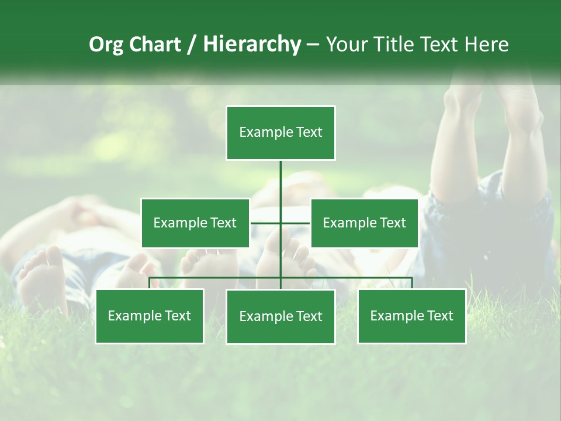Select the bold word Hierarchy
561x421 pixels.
pos(251,44)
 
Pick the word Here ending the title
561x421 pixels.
pos(486,44)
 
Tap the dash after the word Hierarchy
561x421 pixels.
pos(313,45)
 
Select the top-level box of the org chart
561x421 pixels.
pos(280,133)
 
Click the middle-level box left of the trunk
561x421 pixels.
pos(195,223)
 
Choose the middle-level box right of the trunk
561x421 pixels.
pos(364,223)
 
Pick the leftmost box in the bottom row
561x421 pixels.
pos(149,316)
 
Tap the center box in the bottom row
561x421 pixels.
pos(280,317)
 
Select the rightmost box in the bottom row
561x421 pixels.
pos(411,316)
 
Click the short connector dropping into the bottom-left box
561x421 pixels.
pos(149,283)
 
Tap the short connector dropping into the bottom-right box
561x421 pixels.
pos(412,283)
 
